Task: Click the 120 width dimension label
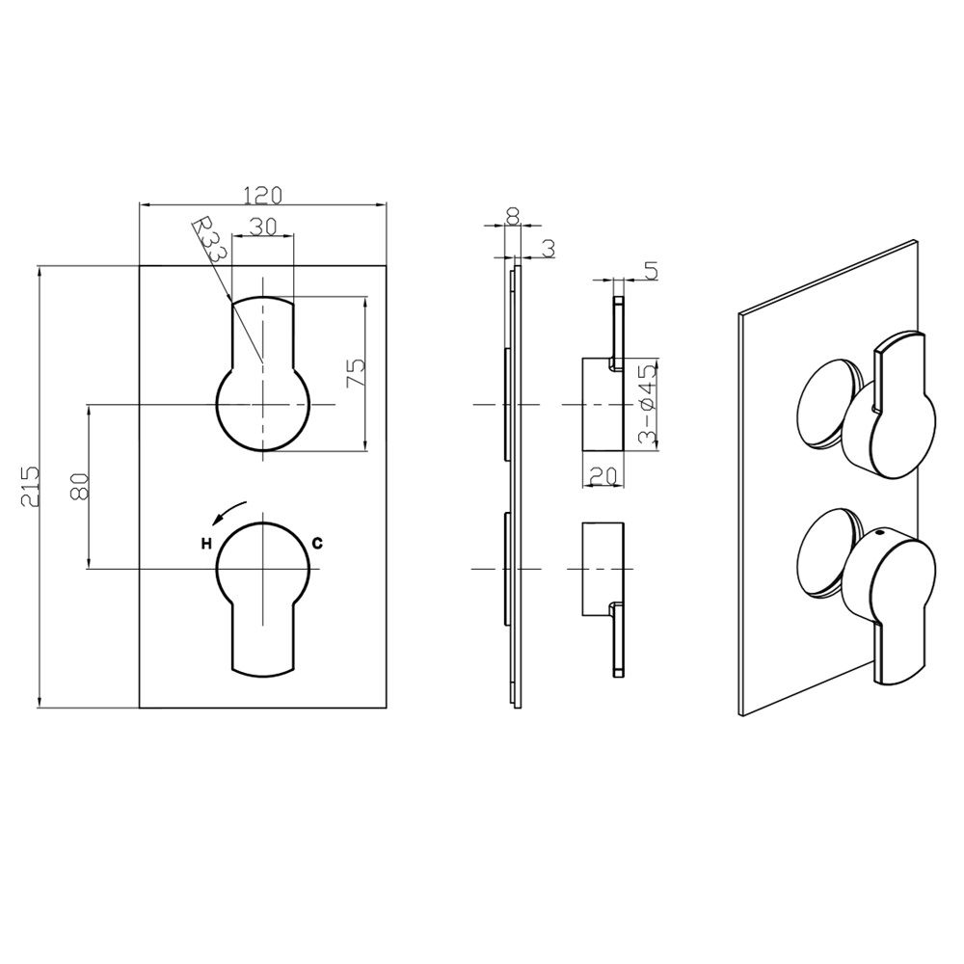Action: click(x=262, y=195)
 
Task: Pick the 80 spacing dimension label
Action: click(x=79, y=485)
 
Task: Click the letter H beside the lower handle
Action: click(x=205, y=544)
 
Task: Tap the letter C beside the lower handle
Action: click(x=317, y=544)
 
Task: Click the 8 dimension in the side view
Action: click(x=512, y=216)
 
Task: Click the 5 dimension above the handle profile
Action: click(x=651, y=271)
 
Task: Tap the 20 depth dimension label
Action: click(x=603, y=475)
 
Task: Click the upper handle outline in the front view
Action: click(x=262, y=376)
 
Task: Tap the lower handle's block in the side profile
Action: click(x=602, y=569)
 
